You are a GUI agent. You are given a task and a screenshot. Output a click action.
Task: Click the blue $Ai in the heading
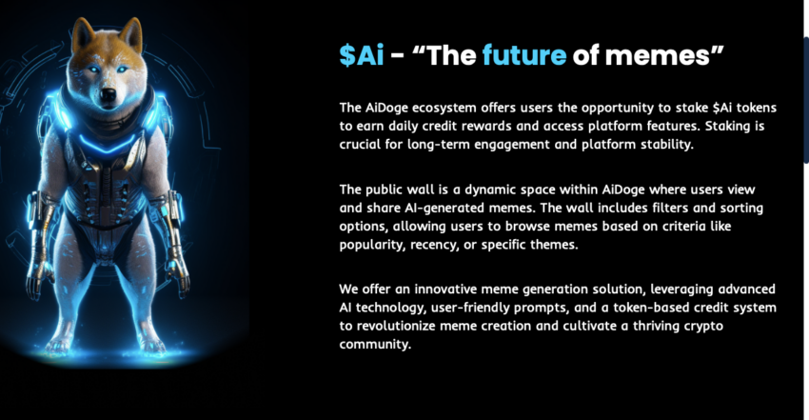tap(362, 54)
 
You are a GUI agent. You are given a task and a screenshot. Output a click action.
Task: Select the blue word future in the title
tap(524, 54)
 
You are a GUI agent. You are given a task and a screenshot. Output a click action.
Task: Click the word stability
tap(667, 145)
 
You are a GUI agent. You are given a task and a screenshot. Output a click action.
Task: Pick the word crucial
tap(360, 145)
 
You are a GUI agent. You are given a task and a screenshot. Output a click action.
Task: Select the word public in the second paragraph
tap(385, 190)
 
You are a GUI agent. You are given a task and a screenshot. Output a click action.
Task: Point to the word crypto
tap(703, 327)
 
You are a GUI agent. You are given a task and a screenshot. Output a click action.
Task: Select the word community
tap(375, 345)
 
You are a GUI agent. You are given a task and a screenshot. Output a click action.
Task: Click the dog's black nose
tap(108, 94)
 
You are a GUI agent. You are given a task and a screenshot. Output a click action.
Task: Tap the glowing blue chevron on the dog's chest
tap(108, 143)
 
